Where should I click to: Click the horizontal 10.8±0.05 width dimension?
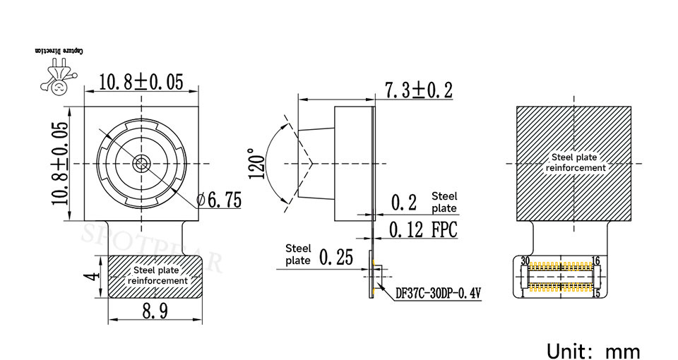pyautogui.click(x=141, y=82)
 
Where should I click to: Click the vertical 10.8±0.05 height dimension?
pyautogui.click(x=60, y=163)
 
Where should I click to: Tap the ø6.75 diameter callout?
pyautogui.click(x=219, y=200)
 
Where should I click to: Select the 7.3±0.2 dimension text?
pyautogui.click(x=419, y=90)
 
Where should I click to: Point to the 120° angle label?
pyautogui.click(x=256, y=164)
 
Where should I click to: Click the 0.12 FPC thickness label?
pyautogui.click(x=423, y=229)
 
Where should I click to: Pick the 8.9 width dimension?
pyautogui.click(x=155, y=311)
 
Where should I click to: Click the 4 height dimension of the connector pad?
pyautogui.click(x=93, y=275)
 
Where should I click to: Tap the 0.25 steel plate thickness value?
pyautogui.click(x=336, y=257)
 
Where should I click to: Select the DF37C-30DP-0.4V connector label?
pyautogui.click(x=439, y=294)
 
